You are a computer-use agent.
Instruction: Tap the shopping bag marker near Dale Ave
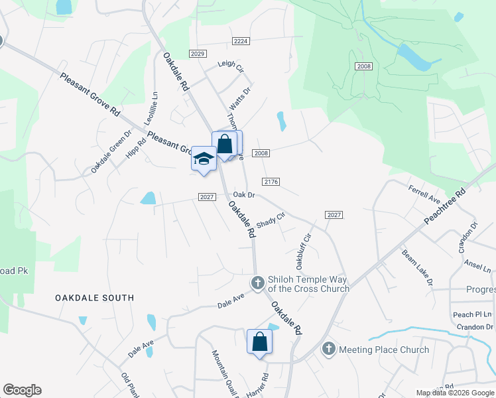point(259,342)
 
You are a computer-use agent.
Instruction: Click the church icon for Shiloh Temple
point(258,283)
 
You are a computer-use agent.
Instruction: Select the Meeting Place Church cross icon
point(328,349)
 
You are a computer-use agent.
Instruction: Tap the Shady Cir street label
point(270,220)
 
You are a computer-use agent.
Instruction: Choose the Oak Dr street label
point(244,195)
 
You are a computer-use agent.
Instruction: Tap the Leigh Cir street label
point(231,66)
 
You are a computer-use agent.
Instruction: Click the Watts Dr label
point(240,99)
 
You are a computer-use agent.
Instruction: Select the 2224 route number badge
point(241,41)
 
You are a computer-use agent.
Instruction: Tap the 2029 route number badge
point(198,54)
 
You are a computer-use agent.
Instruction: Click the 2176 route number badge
point(271,181)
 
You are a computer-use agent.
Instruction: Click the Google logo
point(23,390)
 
